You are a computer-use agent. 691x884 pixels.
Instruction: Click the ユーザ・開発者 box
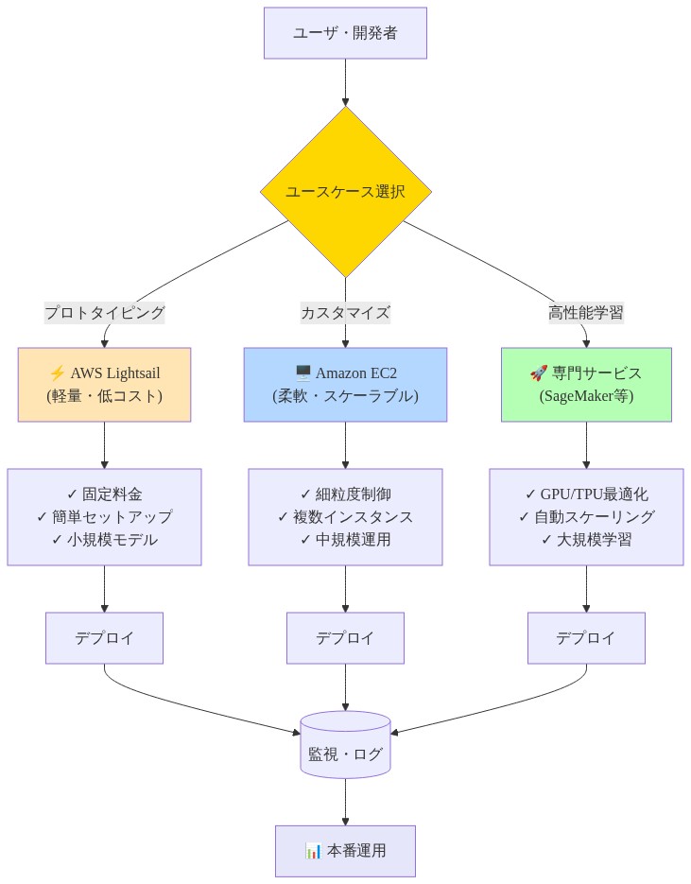345,33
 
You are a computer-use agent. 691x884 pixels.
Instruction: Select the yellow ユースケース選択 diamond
345,191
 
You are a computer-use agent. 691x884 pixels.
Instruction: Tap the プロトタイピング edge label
104,313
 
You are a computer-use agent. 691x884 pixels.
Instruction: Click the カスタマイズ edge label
345,313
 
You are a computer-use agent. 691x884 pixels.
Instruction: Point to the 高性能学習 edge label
586,313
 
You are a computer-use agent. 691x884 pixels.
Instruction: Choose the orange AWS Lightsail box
104,384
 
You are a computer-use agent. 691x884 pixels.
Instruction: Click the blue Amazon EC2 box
345,384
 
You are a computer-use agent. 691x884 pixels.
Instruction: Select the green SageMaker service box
586,384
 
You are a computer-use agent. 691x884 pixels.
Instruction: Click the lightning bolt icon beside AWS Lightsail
57,373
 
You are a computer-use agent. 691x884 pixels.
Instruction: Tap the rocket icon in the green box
538,373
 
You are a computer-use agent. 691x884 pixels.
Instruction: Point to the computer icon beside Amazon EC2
302,373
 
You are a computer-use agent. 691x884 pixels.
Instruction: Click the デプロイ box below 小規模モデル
104,638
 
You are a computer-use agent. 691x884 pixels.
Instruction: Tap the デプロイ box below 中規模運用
345,638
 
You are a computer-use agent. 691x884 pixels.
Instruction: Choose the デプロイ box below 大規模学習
586,638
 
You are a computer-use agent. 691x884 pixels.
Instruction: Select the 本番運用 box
345,851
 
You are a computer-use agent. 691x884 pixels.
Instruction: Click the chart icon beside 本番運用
314,851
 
